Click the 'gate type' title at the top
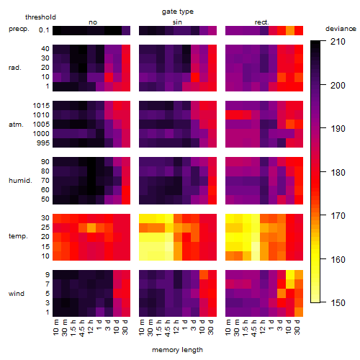[x=178, y=12]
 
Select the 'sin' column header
[x=177, y=22]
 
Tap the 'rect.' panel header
[x=262, y=22]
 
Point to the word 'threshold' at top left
[x=40, y=17]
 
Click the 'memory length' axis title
[x=177, y=350]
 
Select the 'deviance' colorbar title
[x=341, y=29]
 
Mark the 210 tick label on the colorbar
[x=338, y=42]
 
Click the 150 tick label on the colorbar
[x=338, y=303]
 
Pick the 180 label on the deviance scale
[x=338, y=172]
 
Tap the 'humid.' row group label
[x=20, y=181]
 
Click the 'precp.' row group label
[x=19, y=30]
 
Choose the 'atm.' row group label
[x=16, y=125]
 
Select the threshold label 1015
[x=41, y=106]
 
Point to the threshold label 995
[x=43, y=143]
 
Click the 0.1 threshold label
[x=44, y=30]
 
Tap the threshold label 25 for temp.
[x=45, y=227]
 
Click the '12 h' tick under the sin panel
[x=176, y=327]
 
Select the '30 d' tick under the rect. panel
[x=297, y=327]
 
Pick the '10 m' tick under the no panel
[x=55, y=327]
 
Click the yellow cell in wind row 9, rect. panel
[x=290, y=274]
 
